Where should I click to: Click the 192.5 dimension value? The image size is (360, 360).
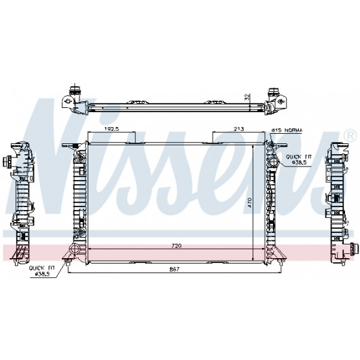click(x=111, y=129)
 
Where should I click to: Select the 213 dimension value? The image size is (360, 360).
click(x=239, y=129)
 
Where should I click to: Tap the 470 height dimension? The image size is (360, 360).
click(x=250, y=202)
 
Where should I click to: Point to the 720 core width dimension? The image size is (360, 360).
click(x=177, y=246)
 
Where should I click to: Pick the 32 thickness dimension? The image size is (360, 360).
click(x=247, y=96)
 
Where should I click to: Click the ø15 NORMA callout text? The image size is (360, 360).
click(x=287, y=130)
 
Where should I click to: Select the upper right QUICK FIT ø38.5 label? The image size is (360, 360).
click(x=299, y=160)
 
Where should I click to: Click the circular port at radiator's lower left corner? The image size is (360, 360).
click(x=75, y=249)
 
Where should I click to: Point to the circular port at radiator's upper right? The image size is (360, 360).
click(x=273, y=161)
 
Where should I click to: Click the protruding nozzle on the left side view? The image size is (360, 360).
click(x=7, y=161)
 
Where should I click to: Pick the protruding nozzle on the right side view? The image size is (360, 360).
click(x=354, y=249)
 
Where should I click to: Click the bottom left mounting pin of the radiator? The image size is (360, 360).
click(x=67, y=263)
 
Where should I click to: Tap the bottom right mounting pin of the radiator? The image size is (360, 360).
click(x=281, y=263)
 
